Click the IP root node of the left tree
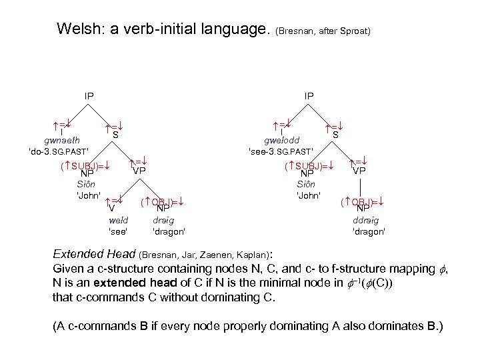click(x=89, y=96)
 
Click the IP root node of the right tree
click(x=309, y=96)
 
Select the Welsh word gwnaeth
click(x=62, y=141)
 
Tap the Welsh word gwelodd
click(x=281, y=141)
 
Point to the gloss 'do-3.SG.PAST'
click(x=59, y=151)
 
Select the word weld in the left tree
click(x=118, y=220)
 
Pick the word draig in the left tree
click(x=164, y=220)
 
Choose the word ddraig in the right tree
click(x=366, y=220)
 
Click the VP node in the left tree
click(x=139, y=171)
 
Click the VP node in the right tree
click(x=359, y=171)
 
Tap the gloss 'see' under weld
click(x=118, y=231)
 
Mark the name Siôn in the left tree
click(x=86, y=184)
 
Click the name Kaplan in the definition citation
click(x=258, y=254)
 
